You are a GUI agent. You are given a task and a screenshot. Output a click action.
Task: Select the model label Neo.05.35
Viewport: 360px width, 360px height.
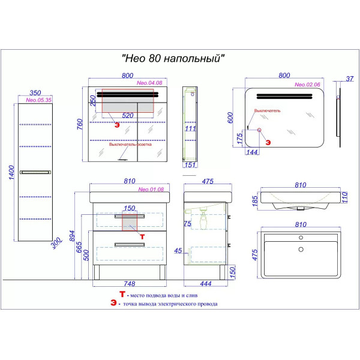37,100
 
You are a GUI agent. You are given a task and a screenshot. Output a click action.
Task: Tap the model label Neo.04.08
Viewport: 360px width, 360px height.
150,83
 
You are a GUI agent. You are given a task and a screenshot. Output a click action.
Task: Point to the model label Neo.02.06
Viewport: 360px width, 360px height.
307,85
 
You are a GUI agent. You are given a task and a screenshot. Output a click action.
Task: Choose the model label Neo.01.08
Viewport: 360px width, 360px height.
151,190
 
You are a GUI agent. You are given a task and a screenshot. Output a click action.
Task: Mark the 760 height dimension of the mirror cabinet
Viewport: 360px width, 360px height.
79,124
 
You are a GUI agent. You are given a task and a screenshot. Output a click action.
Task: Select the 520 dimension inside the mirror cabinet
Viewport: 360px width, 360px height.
128,116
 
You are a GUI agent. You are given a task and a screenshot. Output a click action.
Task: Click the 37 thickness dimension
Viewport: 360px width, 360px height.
350,77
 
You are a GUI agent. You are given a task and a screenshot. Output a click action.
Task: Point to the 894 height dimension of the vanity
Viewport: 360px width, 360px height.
71,236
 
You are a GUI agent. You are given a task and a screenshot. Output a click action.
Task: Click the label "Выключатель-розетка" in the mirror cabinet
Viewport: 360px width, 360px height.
131,145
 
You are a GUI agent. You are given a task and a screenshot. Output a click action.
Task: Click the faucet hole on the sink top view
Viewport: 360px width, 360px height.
300,238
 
